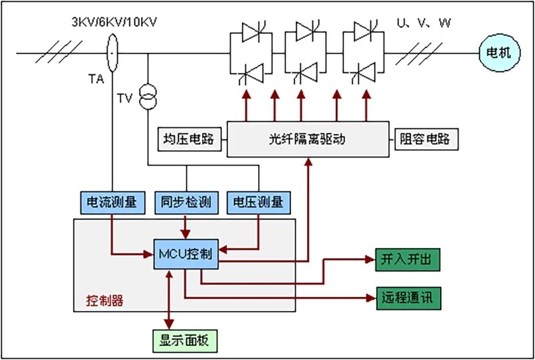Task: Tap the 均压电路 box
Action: point(189,139)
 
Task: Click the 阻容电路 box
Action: point(425,139)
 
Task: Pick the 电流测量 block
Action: point(112,201)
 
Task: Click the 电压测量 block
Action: point(259,201)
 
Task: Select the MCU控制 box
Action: point(186,254)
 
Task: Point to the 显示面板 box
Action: point(185,340)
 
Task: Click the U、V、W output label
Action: point(424,23)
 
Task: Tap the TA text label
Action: point(96,78)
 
